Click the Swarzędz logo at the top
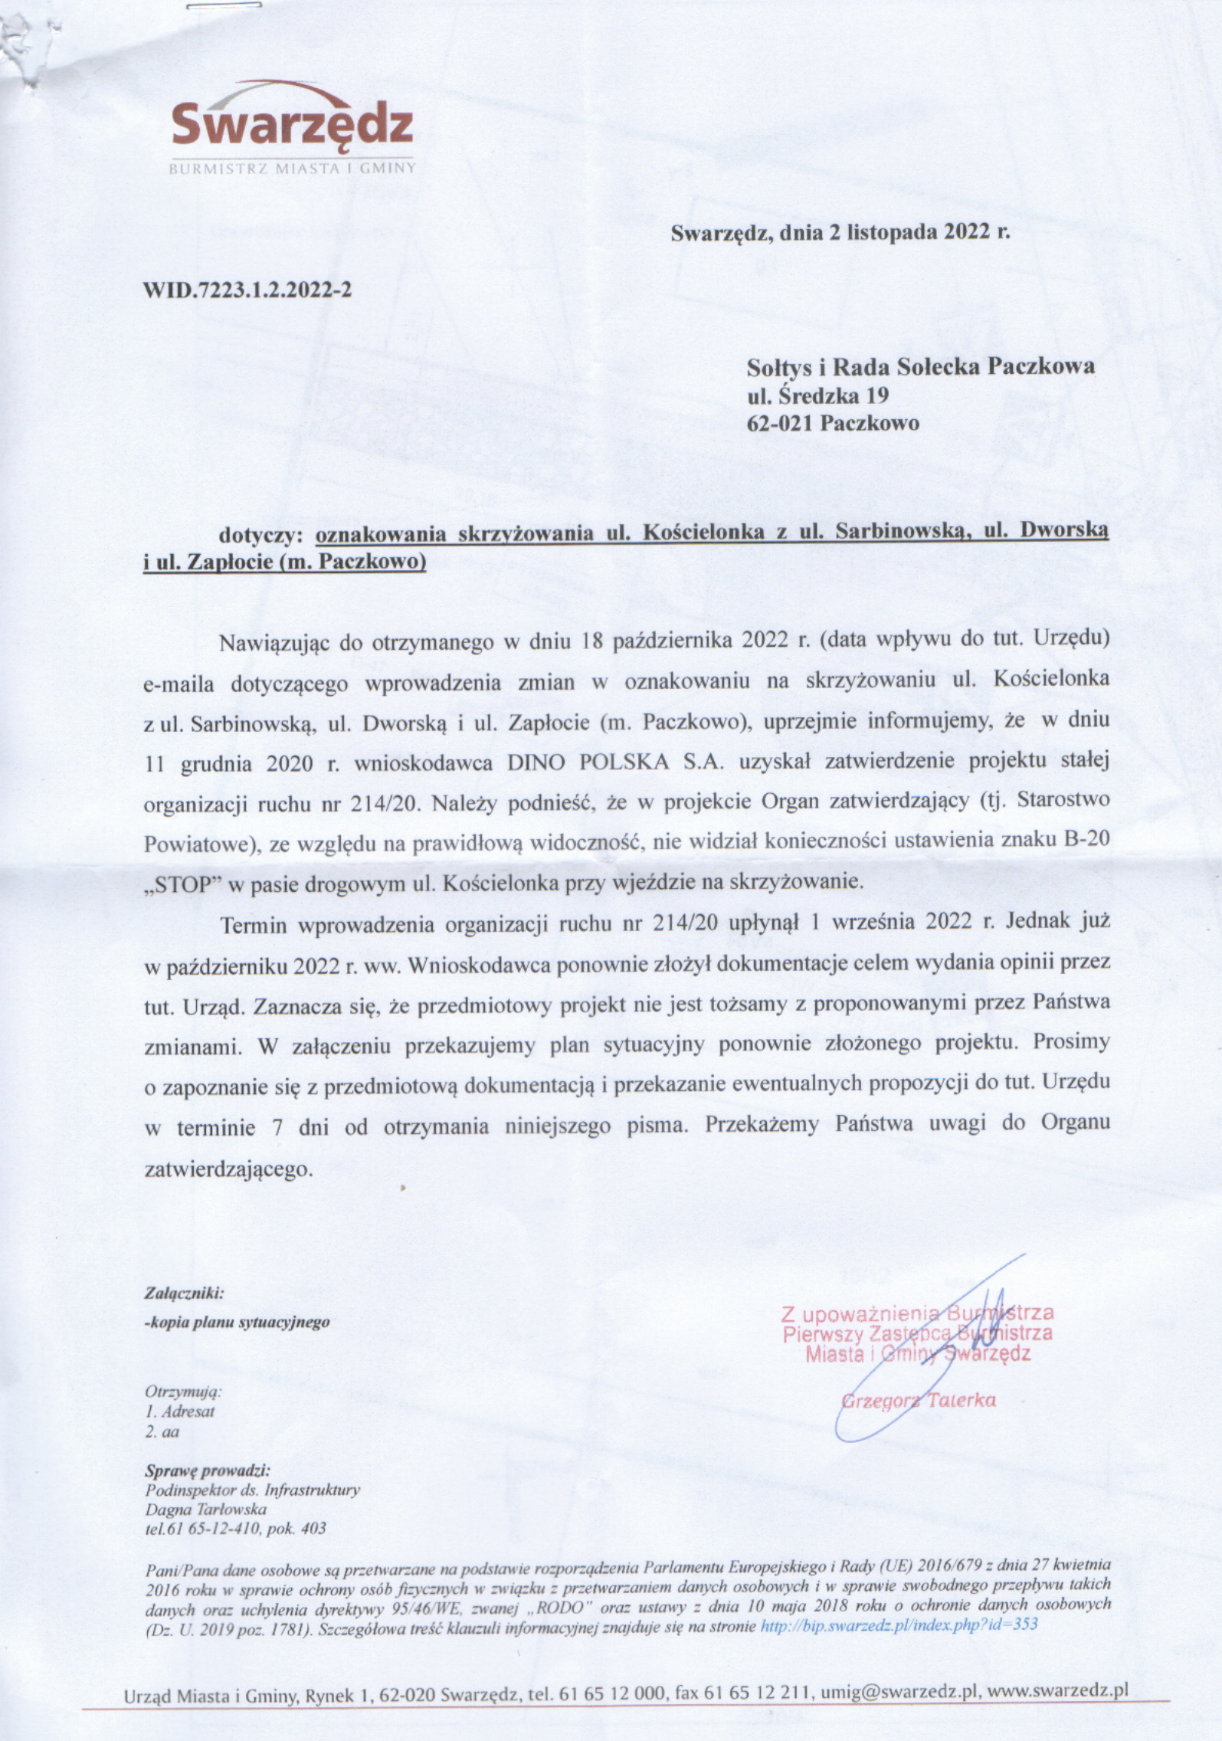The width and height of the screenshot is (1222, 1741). [x=292, y=123]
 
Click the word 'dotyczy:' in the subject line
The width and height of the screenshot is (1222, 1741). [x=262, y=534]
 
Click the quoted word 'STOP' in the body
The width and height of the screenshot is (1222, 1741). [x=182, y=882]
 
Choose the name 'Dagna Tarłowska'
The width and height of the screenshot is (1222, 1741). [x=205, y=1510]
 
